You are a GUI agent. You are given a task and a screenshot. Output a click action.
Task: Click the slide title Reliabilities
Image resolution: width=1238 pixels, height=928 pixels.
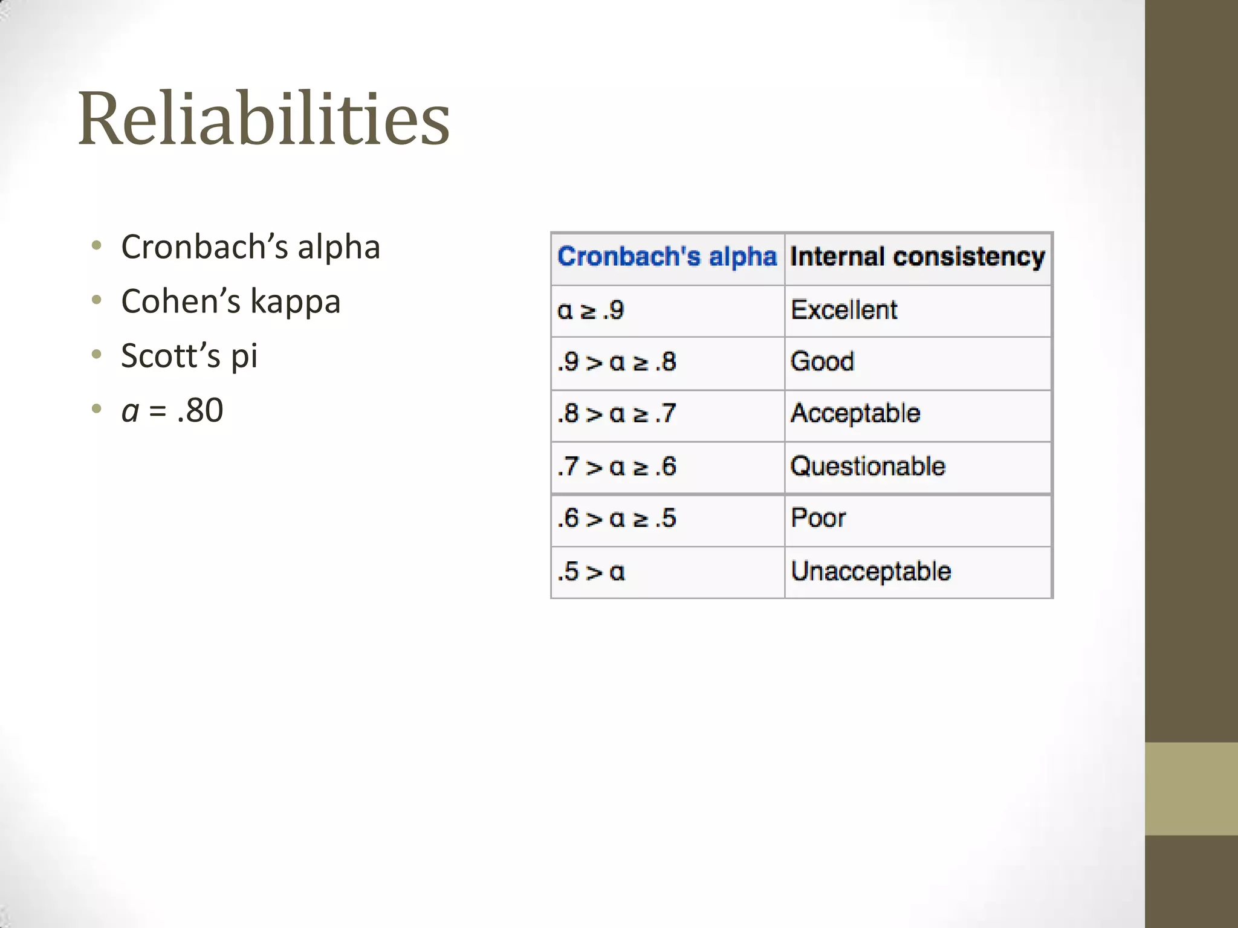264,118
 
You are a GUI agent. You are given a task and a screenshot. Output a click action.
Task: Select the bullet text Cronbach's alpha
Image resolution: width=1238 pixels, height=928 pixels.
250,247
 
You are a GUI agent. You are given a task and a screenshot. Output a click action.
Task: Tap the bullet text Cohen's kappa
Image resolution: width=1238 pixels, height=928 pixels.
230,301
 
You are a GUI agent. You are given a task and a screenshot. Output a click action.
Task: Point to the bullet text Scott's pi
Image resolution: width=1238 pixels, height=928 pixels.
189,356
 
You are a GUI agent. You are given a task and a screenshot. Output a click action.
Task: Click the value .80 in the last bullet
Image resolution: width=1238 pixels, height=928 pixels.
200,410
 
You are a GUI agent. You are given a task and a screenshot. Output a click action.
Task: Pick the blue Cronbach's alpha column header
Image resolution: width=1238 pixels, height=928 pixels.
666,257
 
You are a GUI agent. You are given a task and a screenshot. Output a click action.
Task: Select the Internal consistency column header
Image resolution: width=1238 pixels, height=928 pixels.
917,257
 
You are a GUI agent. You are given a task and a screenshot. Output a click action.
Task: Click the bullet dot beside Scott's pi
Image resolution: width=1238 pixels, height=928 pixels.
97,355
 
